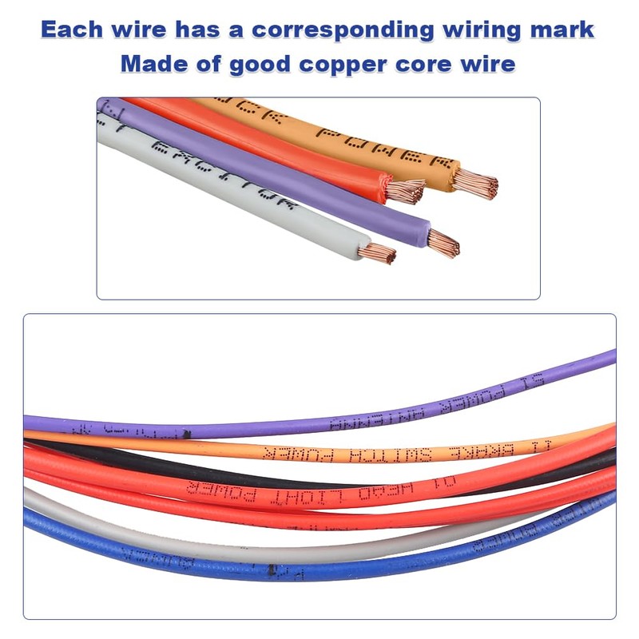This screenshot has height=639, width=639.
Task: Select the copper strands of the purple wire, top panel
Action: click(x=444, y=242)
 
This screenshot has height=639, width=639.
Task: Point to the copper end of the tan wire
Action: click(x=476, y=183)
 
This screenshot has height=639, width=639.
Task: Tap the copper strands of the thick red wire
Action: click(x=405, y=192)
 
